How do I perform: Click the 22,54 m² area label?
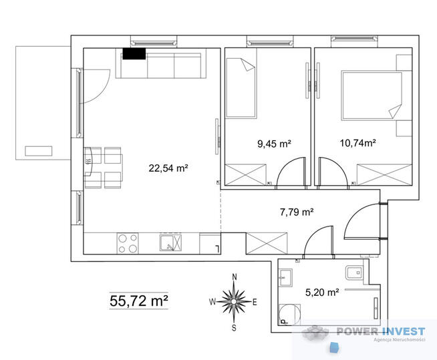click(168, 168)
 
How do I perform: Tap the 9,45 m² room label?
click(274, 144)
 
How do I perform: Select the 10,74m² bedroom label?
click(358, 143)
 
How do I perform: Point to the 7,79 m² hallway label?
click(297, 212)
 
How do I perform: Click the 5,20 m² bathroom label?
click(322, 293)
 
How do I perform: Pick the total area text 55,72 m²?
click(139, 301)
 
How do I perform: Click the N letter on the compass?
click(235, 277)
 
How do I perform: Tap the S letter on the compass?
click(234, 328)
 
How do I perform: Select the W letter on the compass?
click(212, 301)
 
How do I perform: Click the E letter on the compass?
click(255, 302)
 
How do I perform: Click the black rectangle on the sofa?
click(134, 53)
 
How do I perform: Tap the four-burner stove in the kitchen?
click(128, 243)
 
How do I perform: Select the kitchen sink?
click(170, 242)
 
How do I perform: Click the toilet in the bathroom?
click(354, 273)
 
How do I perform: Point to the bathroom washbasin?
click(286, 277)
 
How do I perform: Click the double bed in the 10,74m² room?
click(372, 96)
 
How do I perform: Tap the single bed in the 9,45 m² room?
click(241, 87)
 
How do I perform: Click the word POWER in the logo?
click(357, 331)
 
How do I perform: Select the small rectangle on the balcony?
click(39, 151)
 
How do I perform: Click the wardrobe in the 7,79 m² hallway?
click(267, 243)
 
